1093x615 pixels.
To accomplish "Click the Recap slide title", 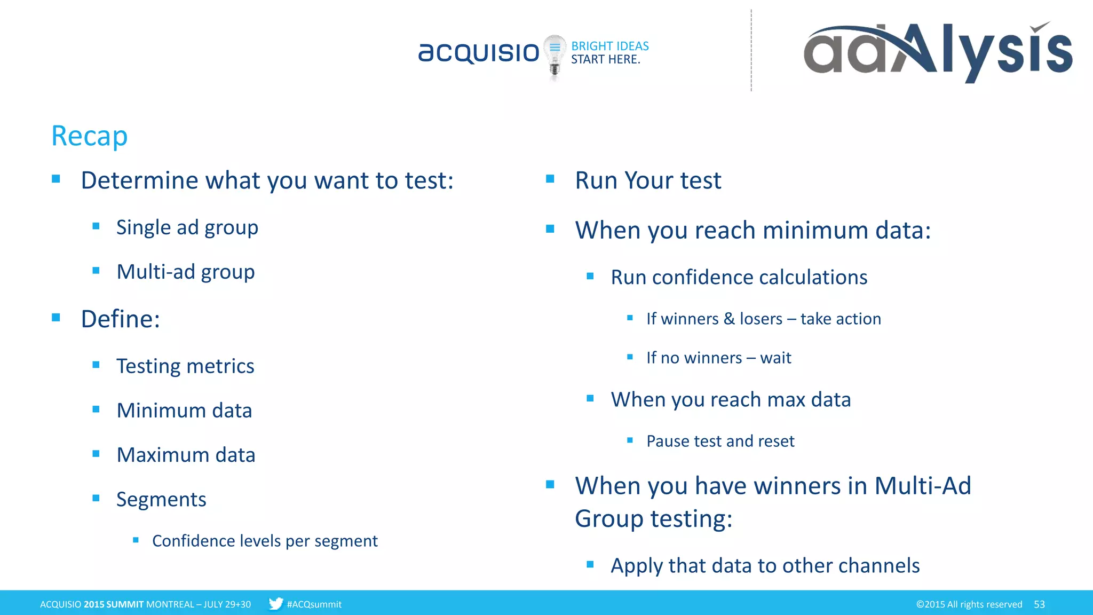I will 89,136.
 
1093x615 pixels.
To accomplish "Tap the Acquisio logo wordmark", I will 479,52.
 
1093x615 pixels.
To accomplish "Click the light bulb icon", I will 555,56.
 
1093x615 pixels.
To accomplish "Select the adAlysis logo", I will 938,52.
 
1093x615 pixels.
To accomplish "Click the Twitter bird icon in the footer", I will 275,604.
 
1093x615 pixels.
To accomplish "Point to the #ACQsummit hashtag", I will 314,604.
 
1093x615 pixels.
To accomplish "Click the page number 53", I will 1039,604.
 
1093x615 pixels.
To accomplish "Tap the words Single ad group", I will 187,227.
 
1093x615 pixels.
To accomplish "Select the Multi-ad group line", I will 186,272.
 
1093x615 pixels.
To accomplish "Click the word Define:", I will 121,319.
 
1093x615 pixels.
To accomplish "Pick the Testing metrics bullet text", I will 185,366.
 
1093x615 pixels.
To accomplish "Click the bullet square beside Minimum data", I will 96,409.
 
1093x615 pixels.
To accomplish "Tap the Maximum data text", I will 186,455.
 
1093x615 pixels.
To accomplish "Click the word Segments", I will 161,499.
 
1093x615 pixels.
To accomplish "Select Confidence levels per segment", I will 265,541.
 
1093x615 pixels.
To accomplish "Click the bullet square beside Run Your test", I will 550,179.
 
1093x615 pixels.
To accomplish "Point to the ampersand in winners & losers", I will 729,319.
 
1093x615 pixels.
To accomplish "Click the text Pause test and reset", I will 720,441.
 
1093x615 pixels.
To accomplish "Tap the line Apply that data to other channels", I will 765,565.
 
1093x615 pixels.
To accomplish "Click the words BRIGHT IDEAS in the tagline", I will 610,46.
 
